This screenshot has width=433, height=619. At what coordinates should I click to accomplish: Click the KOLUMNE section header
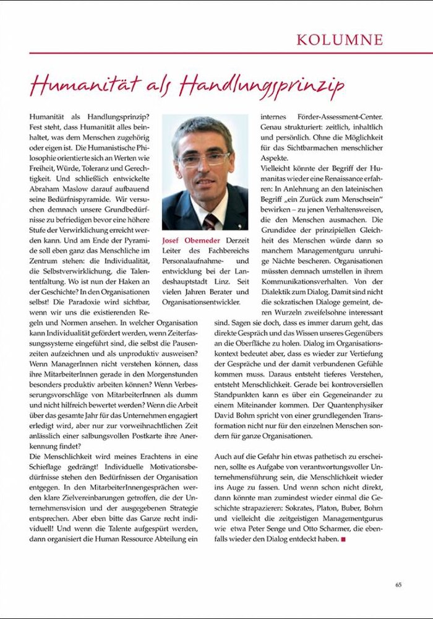coord(340,40)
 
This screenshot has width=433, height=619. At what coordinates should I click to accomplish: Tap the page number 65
coord(399,584)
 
